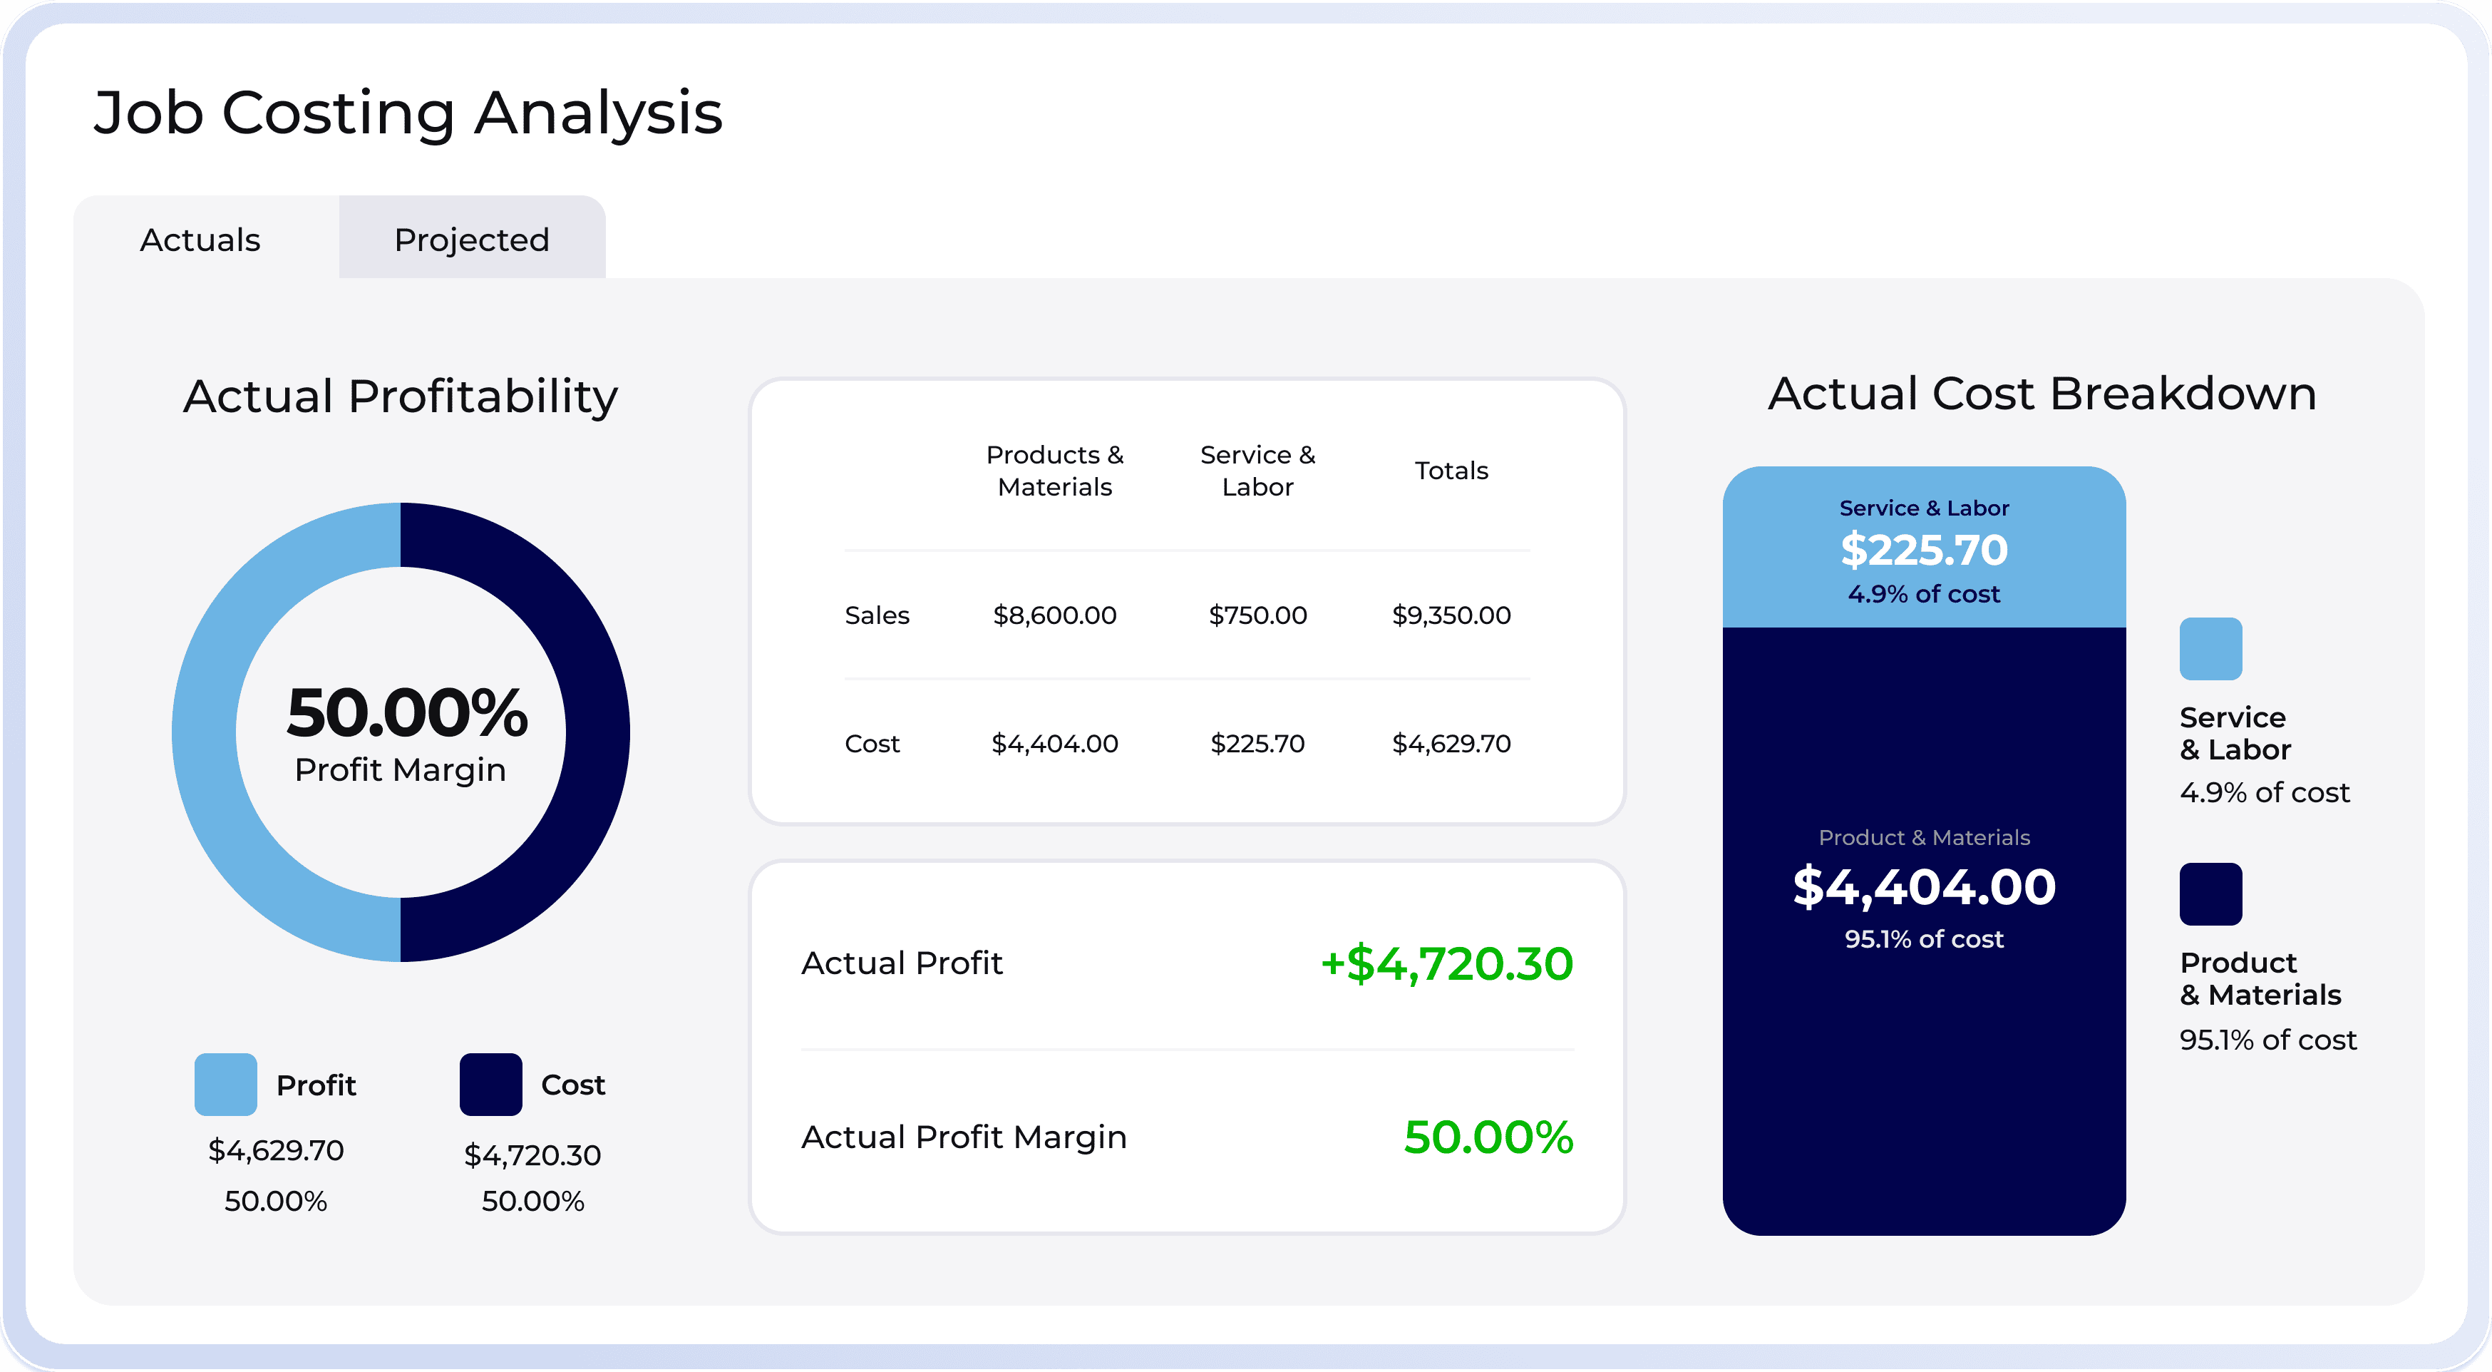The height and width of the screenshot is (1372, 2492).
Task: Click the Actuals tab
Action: click(200, 239)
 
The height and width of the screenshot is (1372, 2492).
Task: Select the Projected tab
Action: click(472, 239)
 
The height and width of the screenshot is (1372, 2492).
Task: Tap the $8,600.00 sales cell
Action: click(1054, 615)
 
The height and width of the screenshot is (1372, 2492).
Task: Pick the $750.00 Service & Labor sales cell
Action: click(1257, 615)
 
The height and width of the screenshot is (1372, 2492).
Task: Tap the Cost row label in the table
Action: click(872, 743)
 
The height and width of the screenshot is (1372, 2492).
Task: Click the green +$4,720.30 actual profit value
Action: click(1446, 963)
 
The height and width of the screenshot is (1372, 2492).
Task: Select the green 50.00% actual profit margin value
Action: click(1488, 1137)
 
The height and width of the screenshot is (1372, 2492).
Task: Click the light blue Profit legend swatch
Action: click(225, 1084)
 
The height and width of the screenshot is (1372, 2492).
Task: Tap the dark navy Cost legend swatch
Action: click(490, 1084)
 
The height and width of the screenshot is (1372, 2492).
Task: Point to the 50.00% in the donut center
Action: click(407, 713)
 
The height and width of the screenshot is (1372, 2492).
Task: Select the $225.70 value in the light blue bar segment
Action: click(1923, 550)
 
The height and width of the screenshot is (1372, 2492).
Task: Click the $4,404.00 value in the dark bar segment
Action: click(1923, 886)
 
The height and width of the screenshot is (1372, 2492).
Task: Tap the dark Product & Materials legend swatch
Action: click(2210, 894)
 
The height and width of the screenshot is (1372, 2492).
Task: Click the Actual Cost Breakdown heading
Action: click(2042, 394)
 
